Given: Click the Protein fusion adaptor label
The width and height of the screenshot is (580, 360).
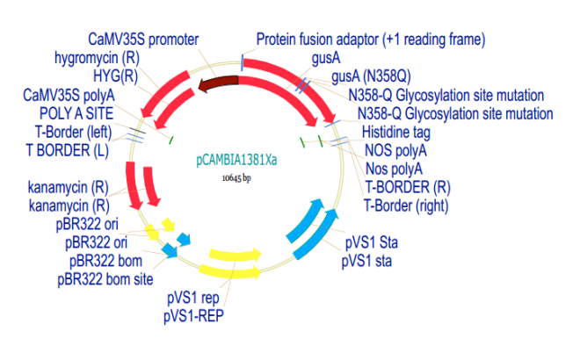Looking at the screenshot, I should (370, 40).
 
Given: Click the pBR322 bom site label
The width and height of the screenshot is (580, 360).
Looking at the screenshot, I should (108, 280).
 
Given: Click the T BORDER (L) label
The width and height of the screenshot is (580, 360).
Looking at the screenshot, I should (59, 149).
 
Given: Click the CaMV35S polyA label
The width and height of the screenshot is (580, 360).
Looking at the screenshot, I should (69, 94).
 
